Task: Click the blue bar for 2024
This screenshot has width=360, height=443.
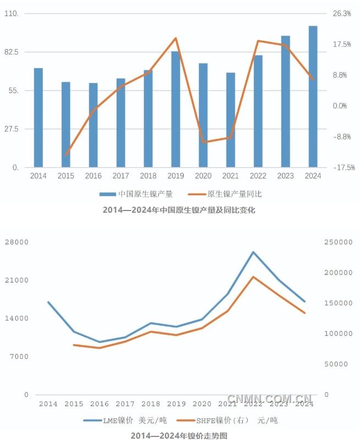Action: pos(313,96)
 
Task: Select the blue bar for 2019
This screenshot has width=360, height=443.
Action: pos(175,109)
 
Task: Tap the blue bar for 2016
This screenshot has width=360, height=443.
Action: pos(93,125)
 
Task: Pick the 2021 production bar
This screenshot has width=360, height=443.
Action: pos(230,119)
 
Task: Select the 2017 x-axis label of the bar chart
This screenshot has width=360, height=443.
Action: pos(120,176)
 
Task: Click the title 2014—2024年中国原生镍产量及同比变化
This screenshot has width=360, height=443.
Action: pos(179,209)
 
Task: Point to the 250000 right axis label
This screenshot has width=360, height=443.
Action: pos(338,242)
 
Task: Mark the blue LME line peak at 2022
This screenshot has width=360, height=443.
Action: pos(253,252)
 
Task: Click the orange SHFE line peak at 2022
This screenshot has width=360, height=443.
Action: pos(253,277)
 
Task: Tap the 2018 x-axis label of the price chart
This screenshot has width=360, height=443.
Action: pos(151,403)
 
